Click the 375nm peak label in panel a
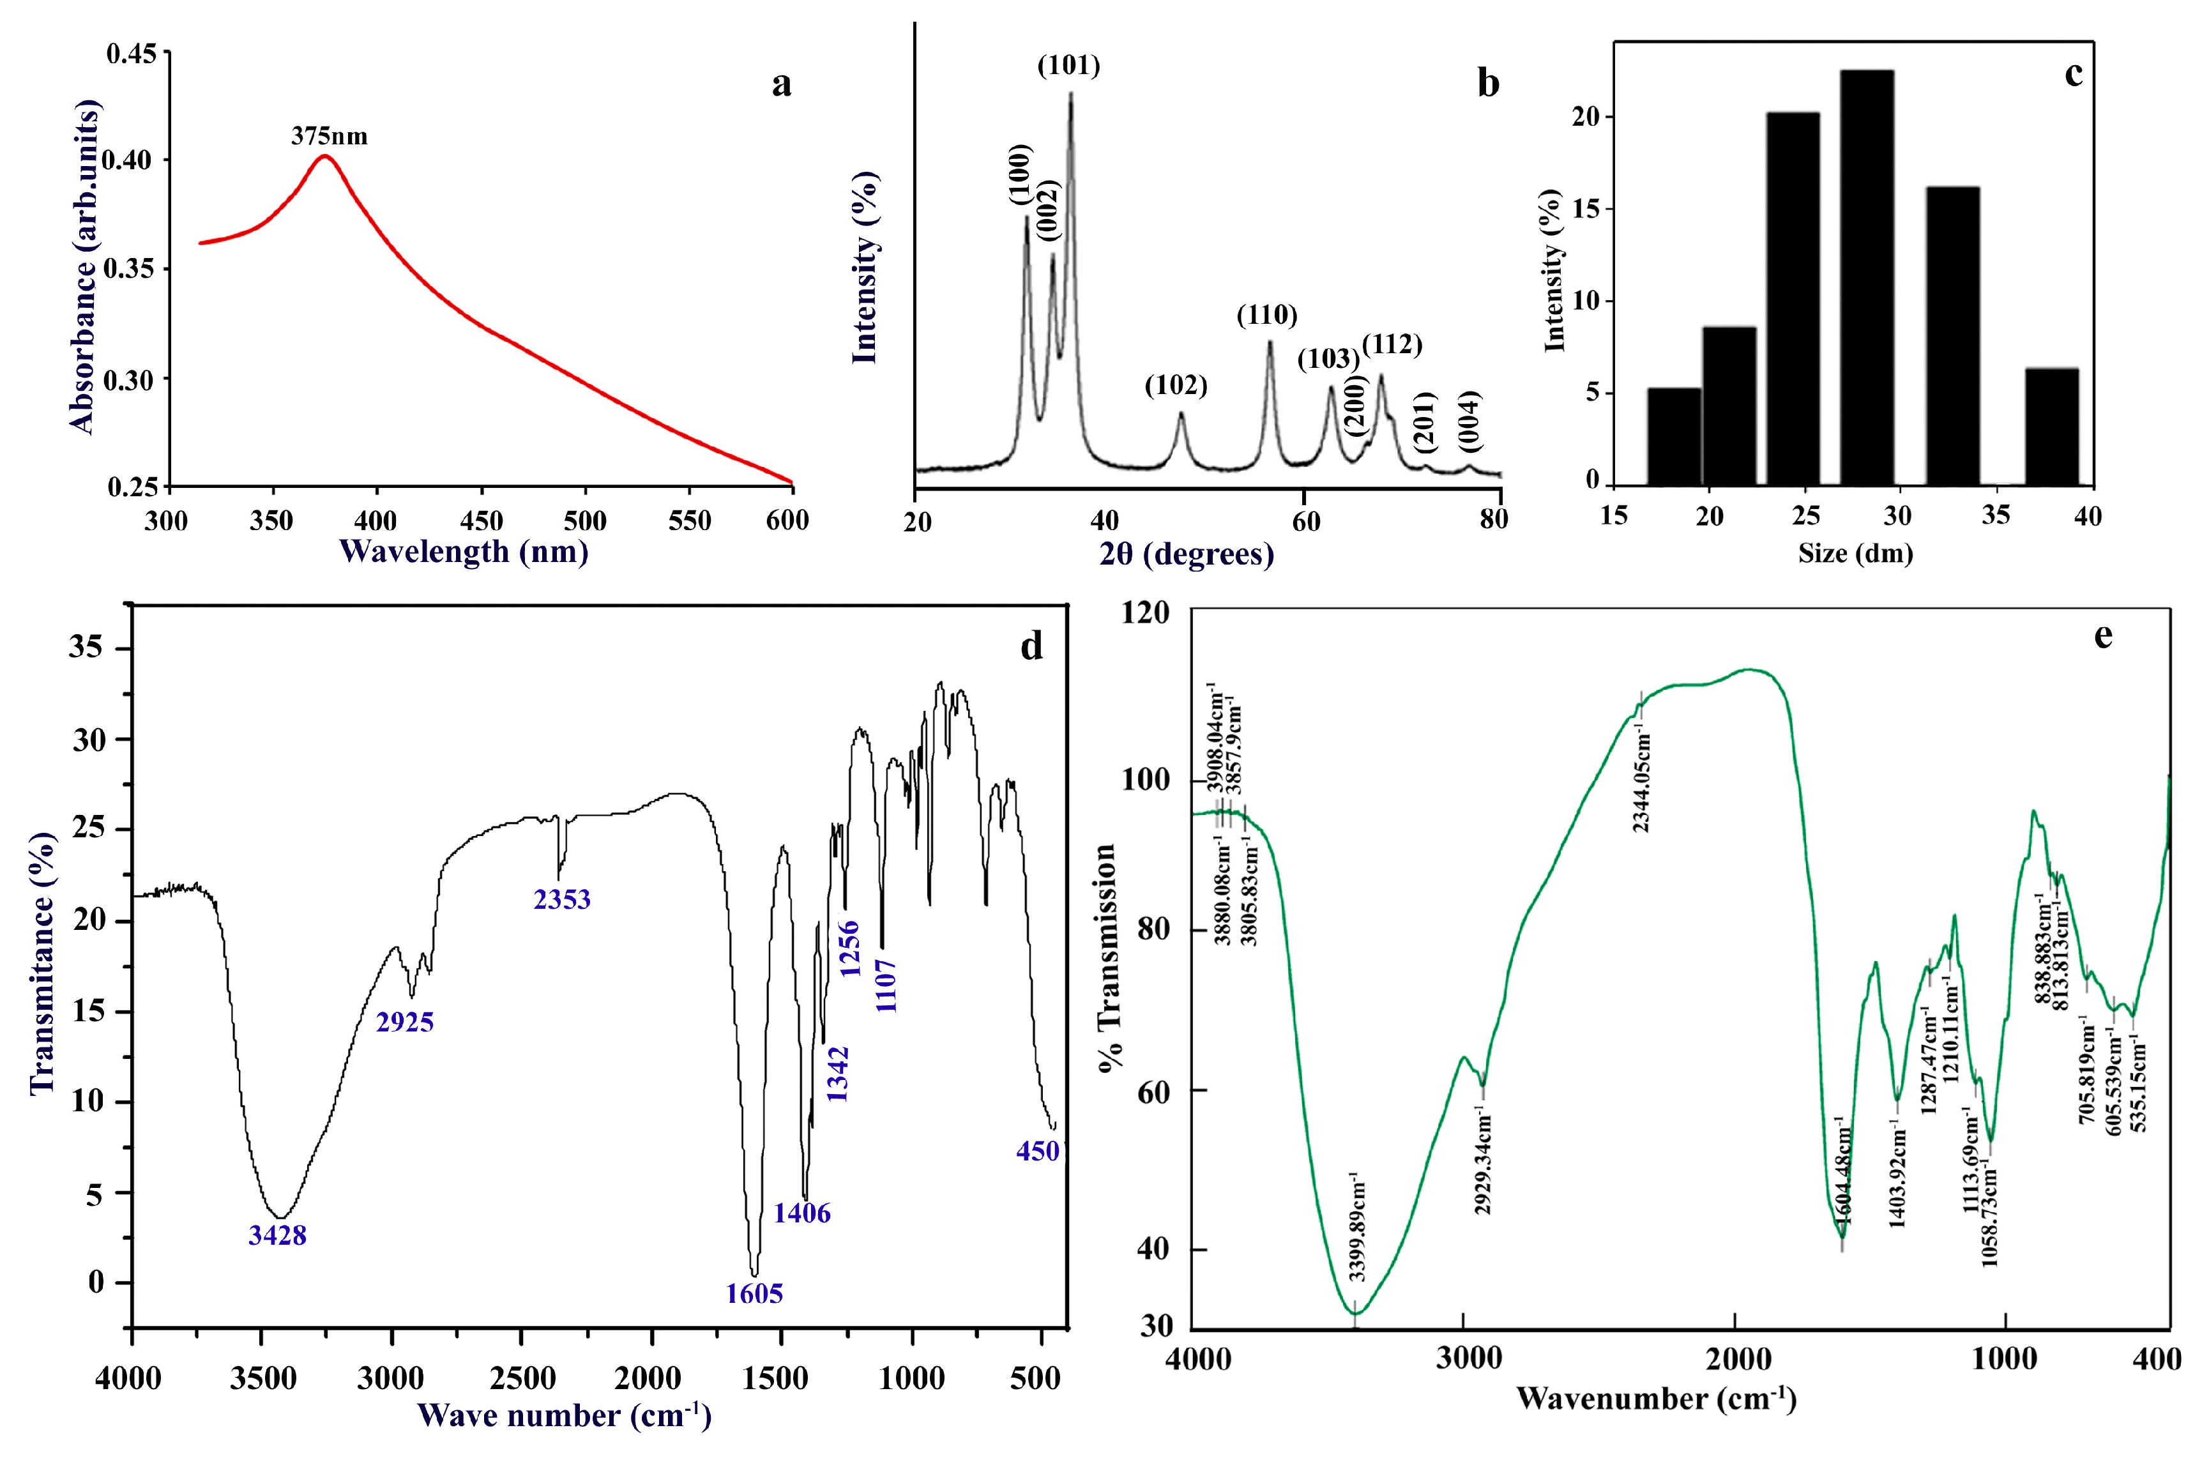pyautogui.click(x=329, y=137)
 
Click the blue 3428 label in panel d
pyautogui.click(x=277, y=1236)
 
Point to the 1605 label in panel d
pyautogui.click(x=754, y=1293)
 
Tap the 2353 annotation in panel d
pyautogui.click(x=561, y=899)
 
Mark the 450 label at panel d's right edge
pyautogui.click(x=1037, y=1152)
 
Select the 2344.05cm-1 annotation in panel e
pyautogui.click(x=1641, y=782)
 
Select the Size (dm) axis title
pyautogui.click(x=1855, y=554)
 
